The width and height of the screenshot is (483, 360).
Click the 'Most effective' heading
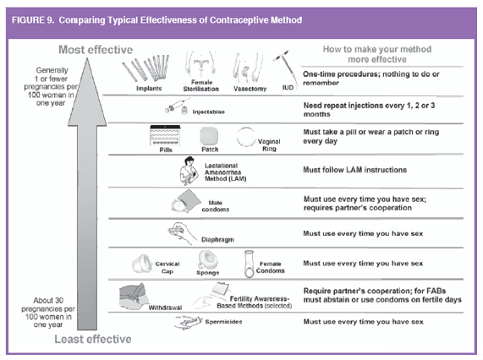pyautogui.click(x=96, y=50)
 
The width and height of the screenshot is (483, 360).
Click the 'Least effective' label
pyautogui.click(x=93, y=339)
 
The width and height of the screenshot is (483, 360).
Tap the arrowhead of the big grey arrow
pyautogui.click(x=87, y=92)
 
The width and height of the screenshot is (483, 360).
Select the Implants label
pyautogui.click(x=149, y=88)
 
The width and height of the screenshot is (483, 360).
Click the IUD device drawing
pyautogui.click(x=286, y=67)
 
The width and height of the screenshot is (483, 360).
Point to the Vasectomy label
pyautogui.click(x=250, y=89)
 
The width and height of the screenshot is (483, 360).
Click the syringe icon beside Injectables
pyautogui.click(x=178, y=106)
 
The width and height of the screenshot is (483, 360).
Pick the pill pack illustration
pyautogui.click(x=165, y=135)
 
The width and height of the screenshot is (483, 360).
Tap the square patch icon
pyautogui.click(x=209, y=136)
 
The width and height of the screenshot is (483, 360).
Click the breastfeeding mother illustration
pyautogui.click(x=189, y=171)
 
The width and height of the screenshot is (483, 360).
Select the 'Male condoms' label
pyautogui.click(x=216, y=206)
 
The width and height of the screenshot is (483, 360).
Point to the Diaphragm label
pyautogui.click(x=217, y=239)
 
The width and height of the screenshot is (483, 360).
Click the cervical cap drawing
pyautogui.click(x=142, y=264)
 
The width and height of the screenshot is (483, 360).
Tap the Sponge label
pyautogui.click(x=208, y=273)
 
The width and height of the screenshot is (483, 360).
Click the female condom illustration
pyautogui.click(x=249, y=265)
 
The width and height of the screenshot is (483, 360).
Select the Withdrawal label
pyautogui.click(x=165, y=308)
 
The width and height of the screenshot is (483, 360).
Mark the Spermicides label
pyautogui.click(x=223, y=322)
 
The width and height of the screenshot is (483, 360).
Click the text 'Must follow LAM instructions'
pyautogui.click(x=355, y=170)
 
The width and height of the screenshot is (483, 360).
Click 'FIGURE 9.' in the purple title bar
pyautogui.click(x=33, y=20)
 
